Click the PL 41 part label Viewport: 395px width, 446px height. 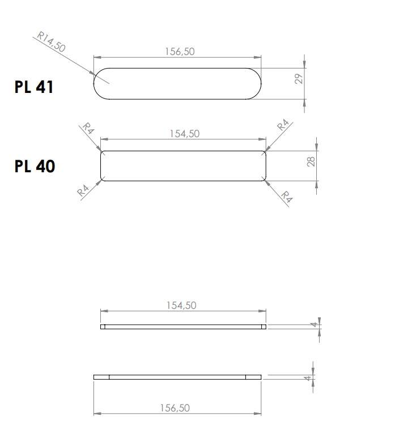point(34,87)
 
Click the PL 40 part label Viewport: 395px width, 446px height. point(35,167)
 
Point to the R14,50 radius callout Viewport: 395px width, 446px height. point(51,41)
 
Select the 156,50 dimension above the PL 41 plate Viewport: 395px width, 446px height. point(180,52)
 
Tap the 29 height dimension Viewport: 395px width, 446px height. point(299,79)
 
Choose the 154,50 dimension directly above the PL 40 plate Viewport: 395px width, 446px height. point(185,134)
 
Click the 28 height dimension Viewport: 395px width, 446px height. point(311,162)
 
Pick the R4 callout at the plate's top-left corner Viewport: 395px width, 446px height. point(88,128)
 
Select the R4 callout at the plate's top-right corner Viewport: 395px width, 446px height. point(283,125)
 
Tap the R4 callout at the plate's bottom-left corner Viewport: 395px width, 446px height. point(83,190)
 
